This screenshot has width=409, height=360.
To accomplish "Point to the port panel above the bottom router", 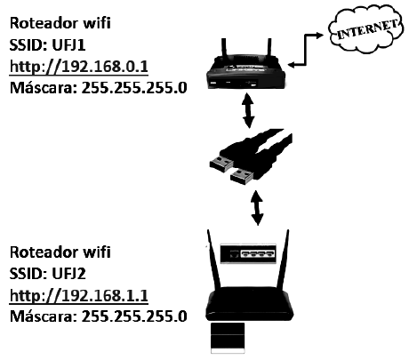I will point(253,254).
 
